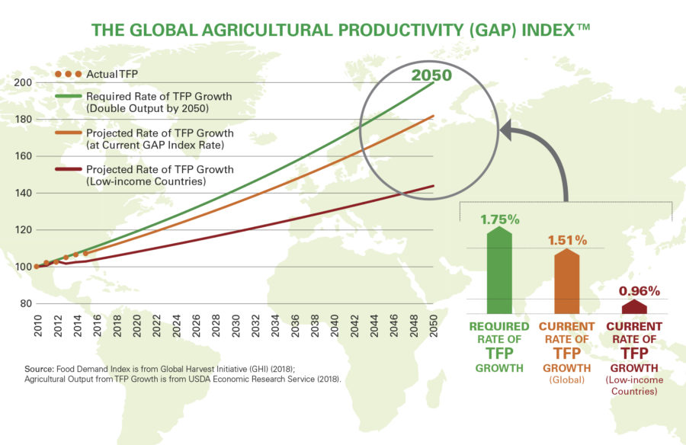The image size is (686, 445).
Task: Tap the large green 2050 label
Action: click(432, 75)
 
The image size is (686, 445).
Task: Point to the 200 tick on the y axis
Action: click(22, 82)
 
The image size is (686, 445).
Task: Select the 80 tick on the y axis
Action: click(24, 304)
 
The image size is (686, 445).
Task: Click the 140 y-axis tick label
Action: click(22, 193)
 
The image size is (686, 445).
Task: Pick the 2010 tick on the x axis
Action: click(37, 325)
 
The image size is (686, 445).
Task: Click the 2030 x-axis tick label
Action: click(236, 325)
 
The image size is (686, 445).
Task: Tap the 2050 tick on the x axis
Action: click(434, 325)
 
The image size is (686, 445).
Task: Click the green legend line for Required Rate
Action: click(66, 97)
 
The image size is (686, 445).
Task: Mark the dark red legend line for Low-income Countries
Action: click(66, 169)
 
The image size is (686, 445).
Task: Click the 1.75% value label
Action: click(499, 219)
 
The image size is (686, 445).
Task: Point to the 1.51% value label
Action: click(567, 240)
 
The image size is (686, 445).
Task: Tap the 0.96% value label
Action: click(639, 290)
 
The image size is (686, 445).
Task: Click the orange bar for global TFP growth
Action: click(567, 282)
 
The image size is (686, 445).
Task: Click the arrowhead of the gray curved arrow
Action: click(506, 130)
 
